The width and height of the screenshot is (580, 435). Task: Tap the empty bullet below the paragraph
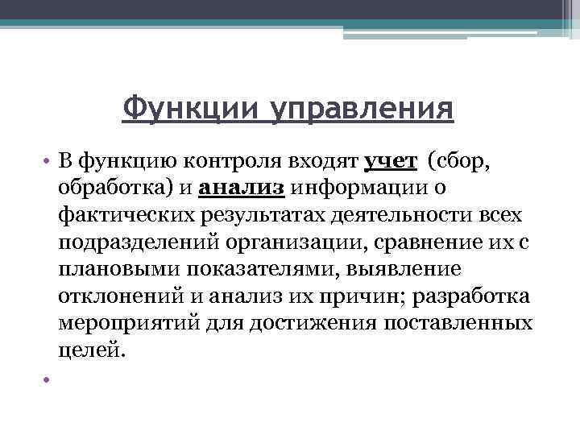(48, 379)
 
